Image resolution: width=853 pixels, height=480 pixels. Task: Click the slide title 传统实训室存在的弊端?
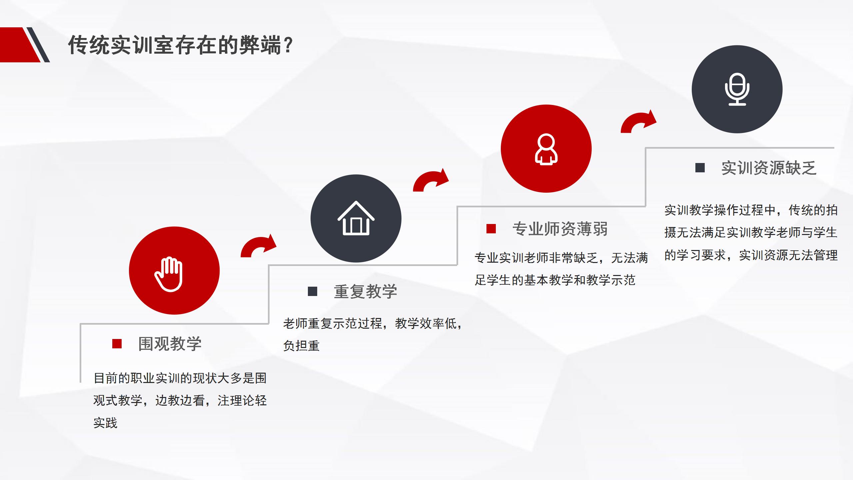click(x=180, y=45)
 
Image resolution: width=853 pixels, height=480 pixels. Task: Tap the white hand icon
click(x=169, y=274)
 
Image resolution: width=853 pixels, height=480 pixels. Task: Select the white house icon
click(x=356, y=218)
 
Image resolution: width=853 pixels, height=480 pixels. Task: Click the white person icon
click(x=546, y=149)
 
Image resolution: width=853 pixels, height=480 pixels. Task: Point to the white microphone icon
click(x=737, y=89)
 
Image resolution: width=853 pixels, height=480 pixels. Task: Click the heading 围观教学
click(x=170, y=344)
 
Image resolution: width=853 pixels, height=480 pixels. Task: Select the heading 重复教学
click(x=366, y=291)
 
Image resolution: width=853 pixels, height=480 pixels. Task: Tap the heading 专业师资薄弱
click(x=560, y=229)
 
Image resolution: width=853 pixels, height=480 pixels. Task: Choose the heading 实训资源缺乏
click(x=769, y=168)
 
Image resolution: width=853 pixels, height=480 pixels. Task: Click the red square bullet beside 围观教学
click(x=117, y=344)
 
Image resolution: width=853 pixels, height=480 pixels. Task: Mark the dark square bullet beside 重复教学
click(x=313, y=291)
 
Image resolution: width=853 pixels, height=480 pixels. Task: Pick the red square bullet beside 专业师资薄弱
click(x=491, y=229)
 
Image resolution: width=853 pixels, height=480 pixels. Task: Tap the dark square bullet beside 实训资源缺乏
click(x=700, y=168)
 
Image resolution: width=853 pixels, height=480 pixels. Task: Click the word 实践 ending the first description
click(x=106, y=423)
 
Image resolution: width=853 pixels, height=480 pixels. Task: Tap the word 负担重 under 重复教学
click(x=302, y=346)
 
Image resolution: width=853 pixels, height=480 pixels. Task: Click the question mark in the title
click(x=288, y=45)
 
